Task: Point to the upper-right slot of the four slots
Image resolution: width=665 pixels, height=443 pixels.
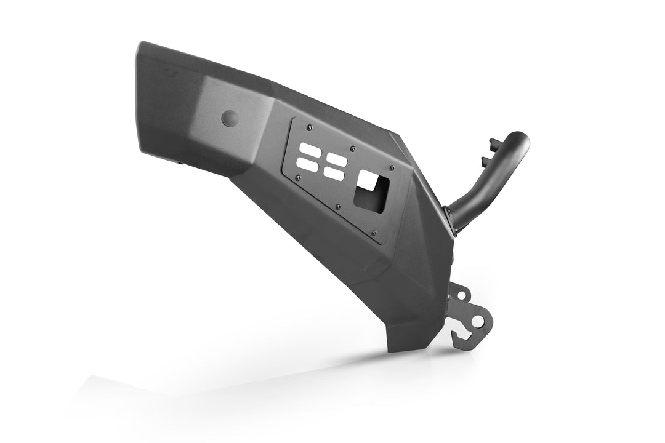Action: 337,159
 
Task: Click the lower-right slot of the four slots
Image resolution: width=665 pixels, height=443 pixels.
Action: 334,174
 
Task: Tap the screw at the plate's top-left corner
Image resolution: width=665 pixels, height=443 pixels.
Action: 309,127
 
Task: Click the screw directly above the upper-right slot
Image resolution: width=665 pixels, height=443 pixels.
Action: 352,148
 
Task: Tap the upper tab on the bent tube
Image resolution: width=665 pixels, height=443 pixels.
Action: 494,143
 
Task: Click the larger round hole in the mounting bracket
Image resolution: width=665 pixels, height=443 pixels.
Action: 477,321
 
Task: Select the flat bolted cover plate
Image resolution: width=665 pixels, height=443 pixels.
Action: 345,178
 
